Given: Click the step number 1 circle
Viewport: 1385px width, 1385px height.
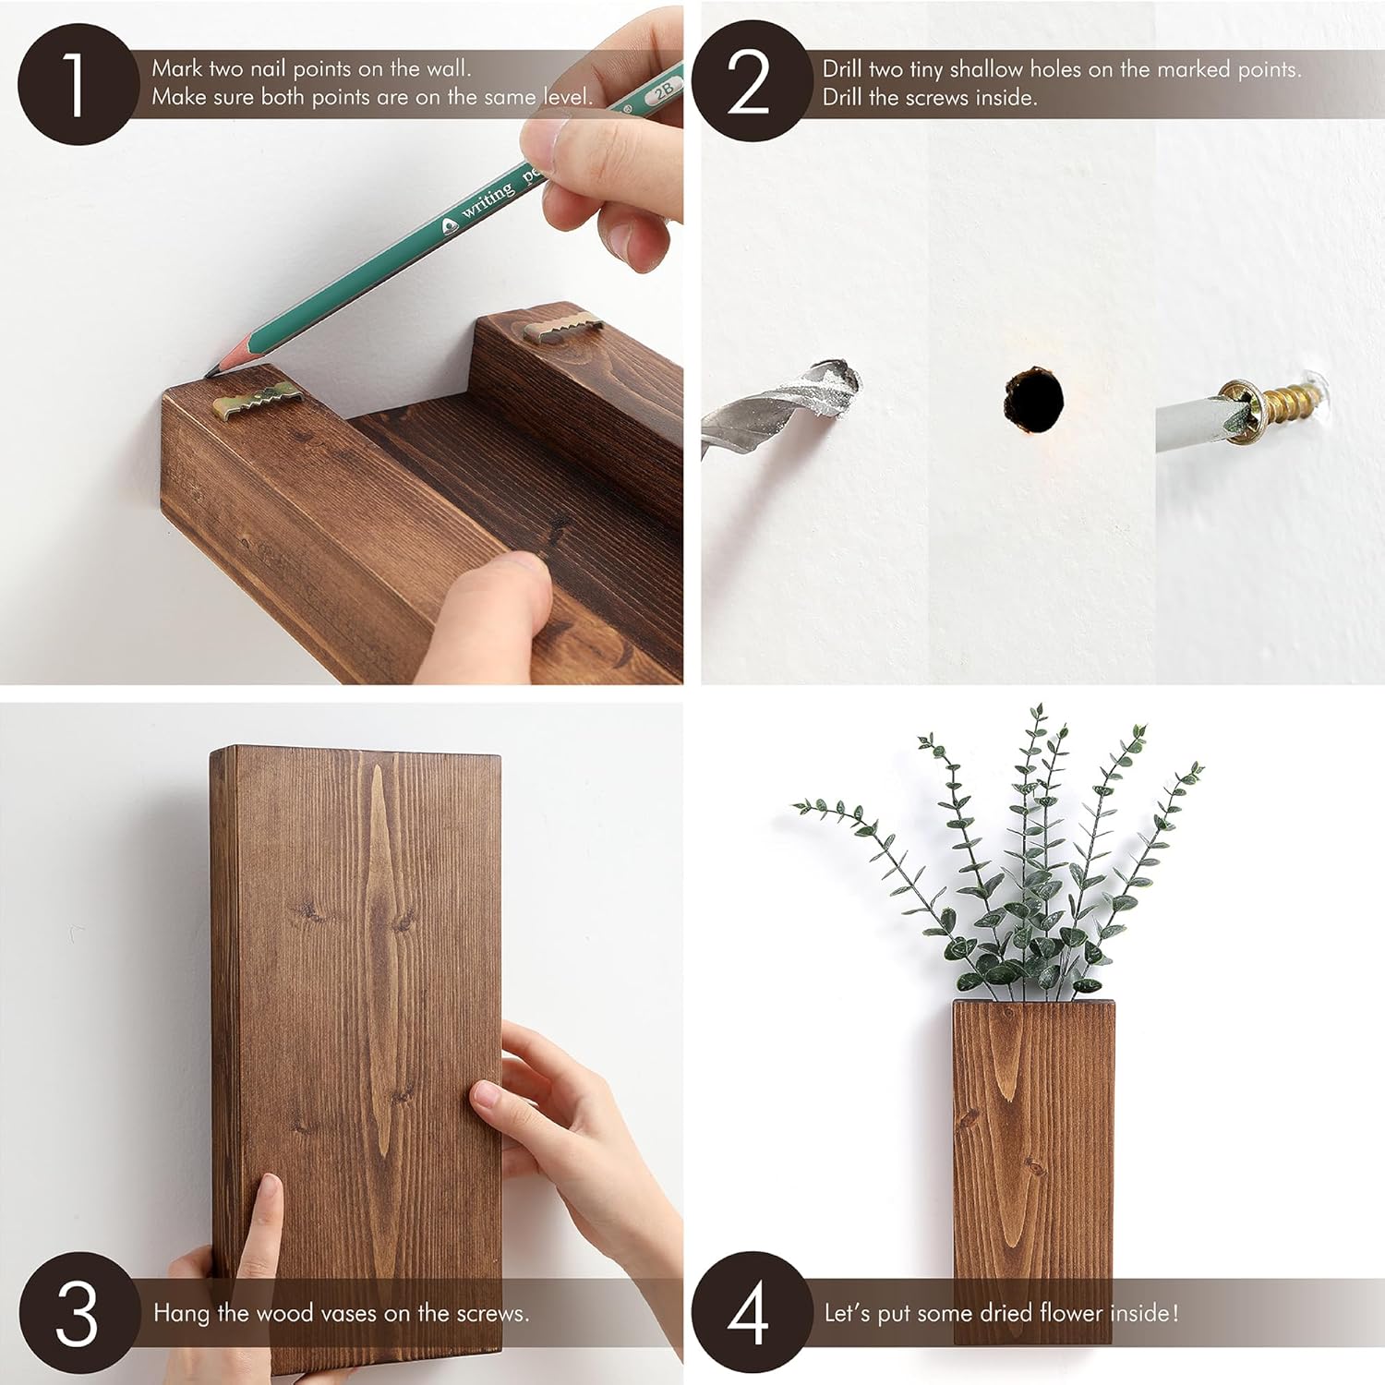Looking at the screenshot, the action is point(78,84).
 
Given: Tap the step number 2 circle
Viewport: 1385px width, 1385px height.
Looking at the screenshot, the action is point(750,81).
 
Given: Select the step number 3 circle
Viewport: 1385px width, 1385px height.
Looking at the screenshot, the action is point(78,1312).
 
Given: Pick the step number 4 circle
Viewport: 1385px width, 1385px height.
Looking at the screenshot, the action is point(750,1312).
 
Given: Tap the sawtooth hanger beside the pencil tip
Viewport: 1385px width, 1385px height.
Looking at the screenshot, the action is point(256,400).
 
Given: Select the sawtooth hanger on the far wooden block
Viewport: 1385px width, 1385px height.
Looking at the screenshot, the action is point(562,327).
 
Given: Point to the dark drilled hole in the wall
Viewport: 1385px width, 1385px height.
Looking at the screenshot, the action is point(1033,399).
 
